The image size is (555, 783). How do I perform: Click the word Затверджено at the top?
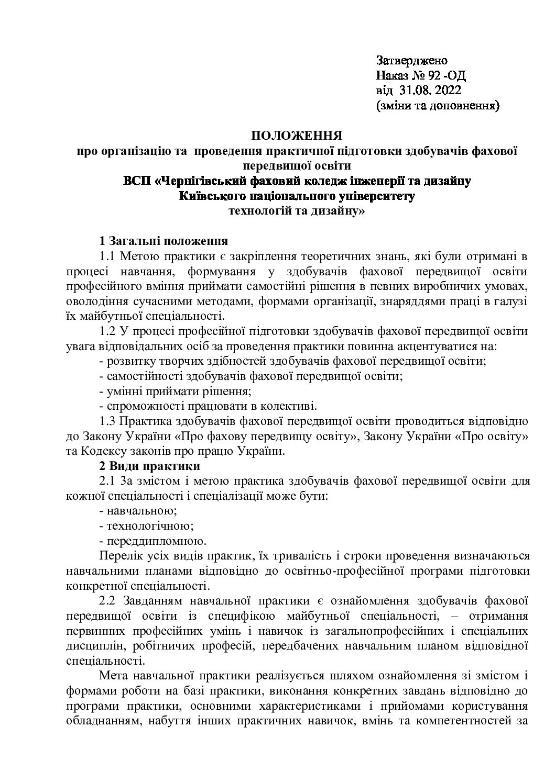click(411, 60)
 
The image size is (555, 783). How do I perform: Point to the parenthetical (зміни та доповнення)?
click(438, 106)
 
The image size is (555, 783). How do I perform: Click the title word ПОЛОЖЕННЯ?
click(297, 136)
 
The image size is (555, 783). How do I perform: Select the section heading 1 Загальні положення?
click(163, 241)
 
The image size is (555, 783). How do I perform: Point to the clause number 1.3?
click(107, 421)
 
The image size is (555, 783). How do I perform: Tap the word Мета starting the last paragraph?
click(113, 675)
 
